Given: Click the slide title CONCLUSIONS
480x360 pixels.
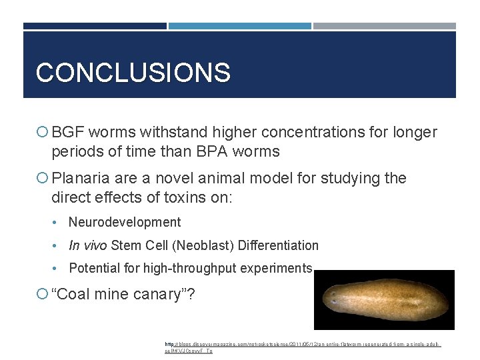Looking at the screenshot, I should (133, 72).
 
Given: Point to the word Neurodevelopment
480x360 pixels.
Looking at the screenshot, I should (125, 222).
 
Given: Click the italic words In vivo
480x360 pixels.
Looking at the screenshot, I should (88, 245).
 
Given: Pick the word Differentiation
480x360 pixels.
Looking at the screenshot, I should (276, 245).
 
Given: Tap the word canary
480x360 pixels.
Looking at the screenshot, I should (156, 294).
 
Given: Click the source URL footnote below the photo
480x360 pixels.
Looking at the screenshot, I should (303, 347).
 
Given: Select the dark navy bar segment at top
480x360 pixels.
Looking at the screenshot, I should (95, 26).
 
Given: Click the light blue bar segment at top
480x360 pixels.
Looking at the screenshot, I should (239, 26).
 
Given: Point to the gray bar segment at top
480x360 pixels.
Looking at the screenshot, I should (384, 26).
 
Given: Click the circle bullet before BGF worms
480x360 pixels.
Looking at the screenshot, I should (43, 133).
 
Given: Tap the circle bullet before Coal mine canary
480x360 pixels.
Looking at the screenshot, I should (43, 295).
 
